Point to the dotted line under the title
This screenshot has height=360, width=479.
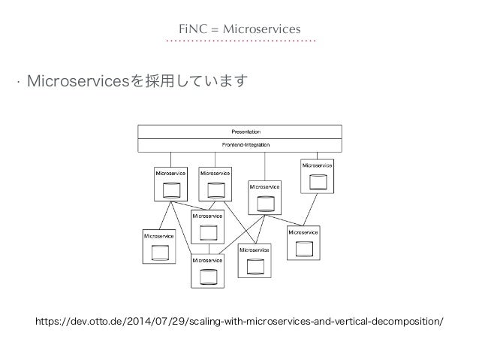[239, 41]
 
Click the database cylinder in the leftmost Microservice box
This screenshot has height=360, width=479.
[159, 251]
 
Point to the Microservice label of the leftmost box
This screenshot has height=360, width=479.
[159, 236]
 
